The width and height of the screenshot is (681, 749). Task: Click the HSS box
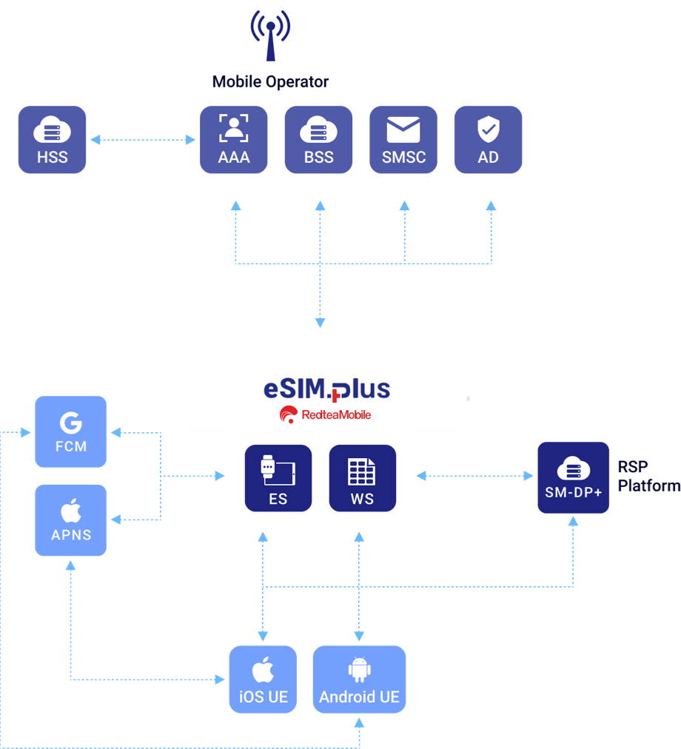click(x=52, y=140)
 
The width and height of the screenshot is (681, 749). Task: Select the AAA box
click(x=234, y=140)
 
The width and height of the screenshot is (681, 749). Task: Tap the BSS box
click(x=318, y=140)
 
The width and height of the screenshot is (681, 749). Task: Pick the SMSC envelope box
click(x=403, y=140)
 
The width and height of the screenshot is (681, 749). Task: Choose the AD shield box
click(x=488, y=140)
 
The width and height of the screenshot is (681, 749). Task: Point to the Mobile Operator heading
click(x=270, y=82)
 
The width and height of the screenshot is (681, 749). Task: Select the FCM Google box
click(x=71, y=431)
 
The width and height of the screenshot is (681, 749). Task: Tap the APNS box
click(x=71, y=520)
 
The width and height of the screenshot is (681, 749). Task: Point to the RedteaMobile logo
click(x=325, y=414)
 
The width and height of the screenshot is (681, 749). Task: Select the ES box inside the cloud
click(x=278, y=478)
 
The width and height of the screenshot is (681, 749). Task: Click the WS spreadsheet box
click(x=362, y=478)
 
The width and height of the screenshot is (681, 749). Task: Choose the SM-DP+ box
click(x=573, y=478)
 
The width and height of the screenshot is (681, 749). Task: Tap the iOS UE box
click(x=263, y=679)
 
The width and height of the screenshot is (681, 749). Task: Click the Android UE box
click(x=359, y=679)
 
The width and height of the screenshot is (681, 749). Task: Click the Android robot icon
click(x=359, y=669)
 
